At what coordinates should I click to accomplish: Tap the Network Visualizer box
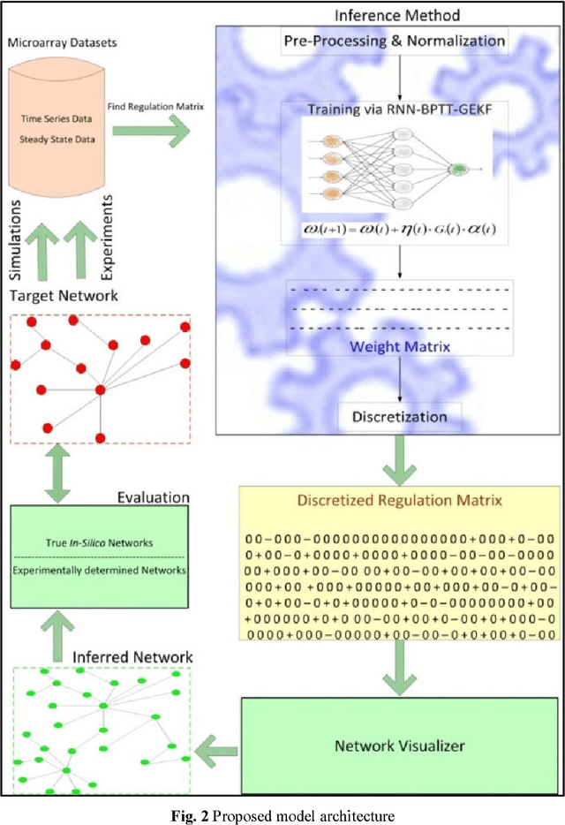(399, 745)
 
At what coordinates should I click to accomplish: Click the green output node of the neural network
(459, 168)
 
